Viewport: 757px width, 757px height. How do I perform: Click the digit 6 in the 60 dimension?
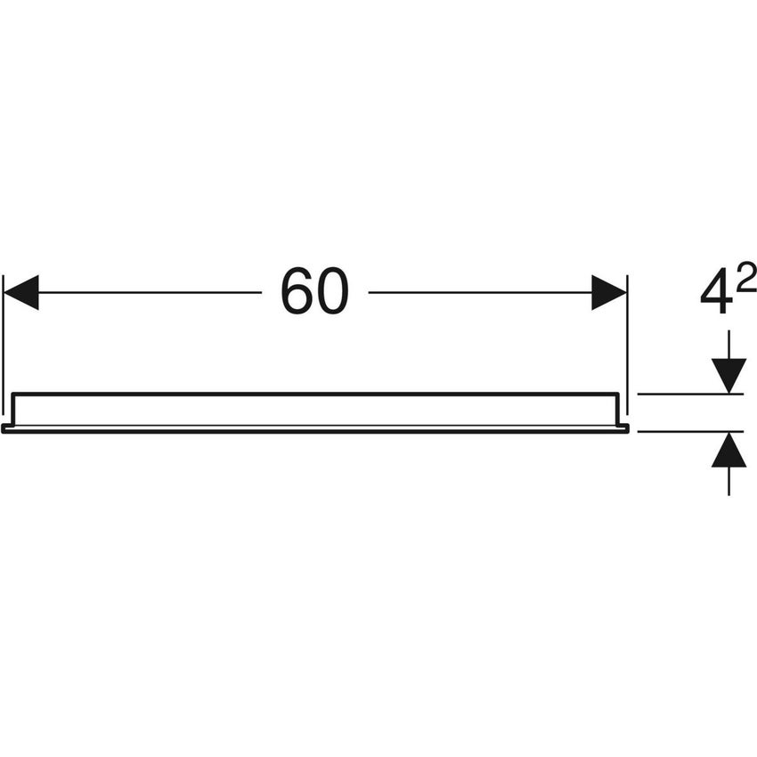pos(297,291)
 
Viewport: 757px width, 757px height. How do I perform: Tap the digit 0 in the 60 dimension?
pos(332,291)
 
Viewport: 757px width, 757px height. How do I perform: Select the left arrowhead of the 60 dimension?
pos(20,293)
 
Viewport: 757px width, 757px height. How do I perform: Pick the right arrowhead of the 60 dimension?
pos(609,293)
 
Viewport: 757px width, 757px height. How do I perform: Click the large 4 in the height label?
pos(714,291)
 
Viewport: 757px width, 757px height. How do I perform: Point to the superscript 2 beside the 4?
pos(746,277)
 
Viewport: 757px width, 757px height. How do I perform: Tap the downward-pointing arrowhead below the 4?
pos(729,376)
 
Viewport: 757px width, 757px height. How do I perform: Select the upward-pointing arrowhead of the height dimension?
pos(729,450)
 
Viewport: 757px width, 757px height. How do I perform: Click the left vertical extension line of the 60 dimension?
pos(4,345)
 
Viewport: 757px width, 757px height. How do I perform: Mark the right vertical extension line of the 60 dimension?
pos(627,345)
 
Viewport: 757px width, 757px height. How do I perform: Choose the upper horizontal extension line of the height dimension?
pos(690,395)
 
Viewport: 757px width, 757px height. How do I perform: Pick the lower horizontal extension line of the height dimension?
pos(690,431)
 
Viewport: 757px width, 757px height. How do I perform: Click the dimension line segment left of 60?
pos(150,293)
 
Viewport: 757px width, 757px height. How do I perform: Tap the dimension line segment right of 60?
pos(480,293)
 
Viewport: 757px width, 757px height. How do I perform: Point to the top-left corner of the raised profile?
pos(12,394)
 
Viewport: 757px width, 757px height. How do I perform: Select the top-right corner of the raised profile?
pos(618,394)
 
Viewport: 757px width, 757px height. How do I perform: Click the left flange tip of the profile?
pos(3,428)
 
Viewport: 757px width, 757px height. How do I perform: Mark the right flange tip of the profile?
pos(628,428)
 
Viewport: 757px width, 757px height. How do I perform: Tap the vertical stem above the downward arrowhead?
pos(729,345)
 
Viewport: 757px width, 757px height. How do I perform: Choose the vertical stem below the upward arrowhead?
pos(729,481)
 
